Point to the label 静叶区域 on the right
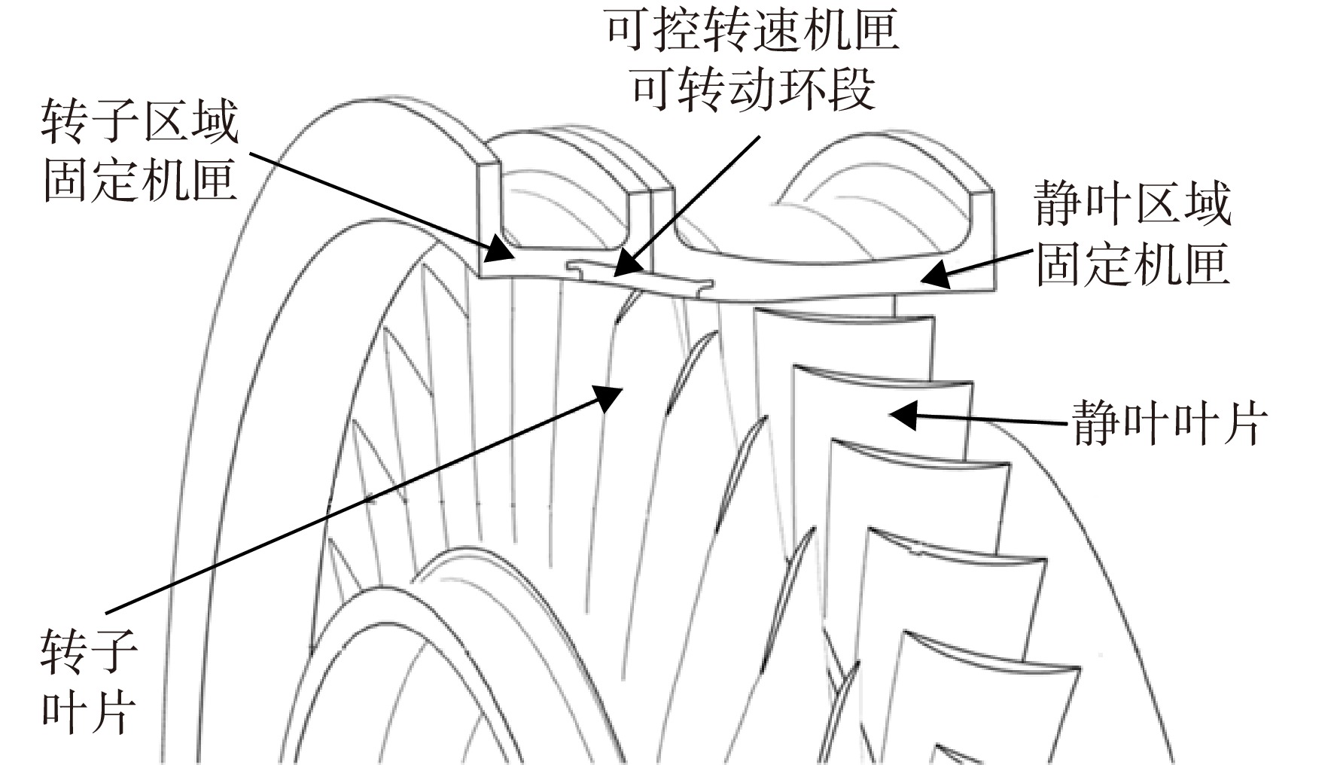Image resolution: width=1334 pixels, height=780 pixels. [x=1132, y=203]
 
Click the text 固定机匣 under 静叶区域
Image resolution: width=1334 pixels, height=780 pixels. [x=1132, y=262]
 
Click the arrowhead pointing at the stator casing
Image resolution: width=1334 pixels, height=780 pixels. [x=934, y=274]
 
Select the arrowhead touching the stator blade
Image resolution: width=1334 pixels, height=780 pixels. [x=903, y=414]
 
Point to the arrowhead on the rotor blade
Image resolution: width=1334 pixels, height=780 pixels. [x=608, y=397]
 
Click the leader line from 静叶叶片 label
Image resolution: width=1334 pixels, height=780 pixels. [x=979, y=418]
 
